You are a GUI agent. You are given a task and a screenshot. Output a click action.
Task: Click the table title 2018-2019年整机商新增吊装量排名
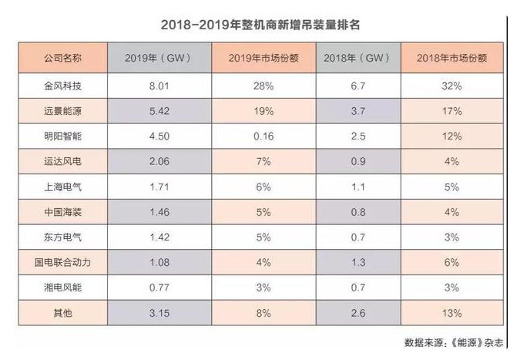click(x=261, y=25)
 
